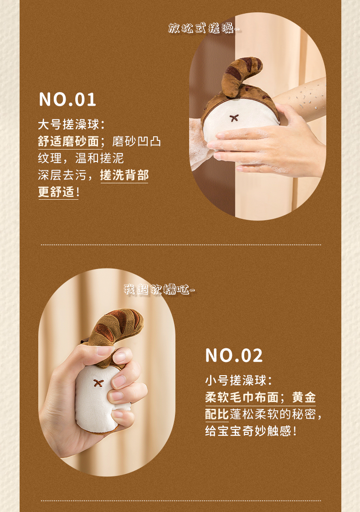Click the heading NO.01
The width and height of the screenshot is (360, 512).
pos(67,99)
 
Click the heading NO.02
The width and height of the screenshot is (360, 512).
pos(234,356)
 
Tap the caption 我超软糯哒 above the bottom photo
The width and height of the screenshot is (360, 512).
pos(159,290)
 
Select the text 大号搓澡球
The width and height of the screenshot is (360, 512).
pos(68,124)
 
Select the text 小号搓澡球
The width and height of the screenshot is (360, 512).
pos(235,381)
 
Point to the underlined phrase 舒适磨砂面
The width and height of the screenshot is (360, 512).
pos(68,141)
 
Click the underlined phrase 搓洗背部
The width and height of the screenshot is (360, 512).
pos(124,176)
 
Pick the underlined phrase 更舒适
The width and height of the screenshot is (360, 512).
pos(56,192)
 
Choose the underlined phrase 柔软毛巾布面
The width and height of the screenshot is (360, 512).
pos(242,398)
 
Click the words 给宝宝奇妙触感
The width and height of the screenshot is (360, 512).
pos(248,431)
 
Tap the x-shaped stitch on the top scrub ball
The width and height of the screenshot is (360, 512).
pos(234,118)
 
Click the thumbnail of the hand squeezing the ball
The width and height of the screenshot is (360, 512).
pos(107,372)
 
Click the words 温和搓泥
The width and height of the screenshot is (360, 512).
pos(99,158)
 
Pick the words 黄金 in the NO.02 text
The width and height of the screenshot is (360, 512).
pos(304,398)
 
